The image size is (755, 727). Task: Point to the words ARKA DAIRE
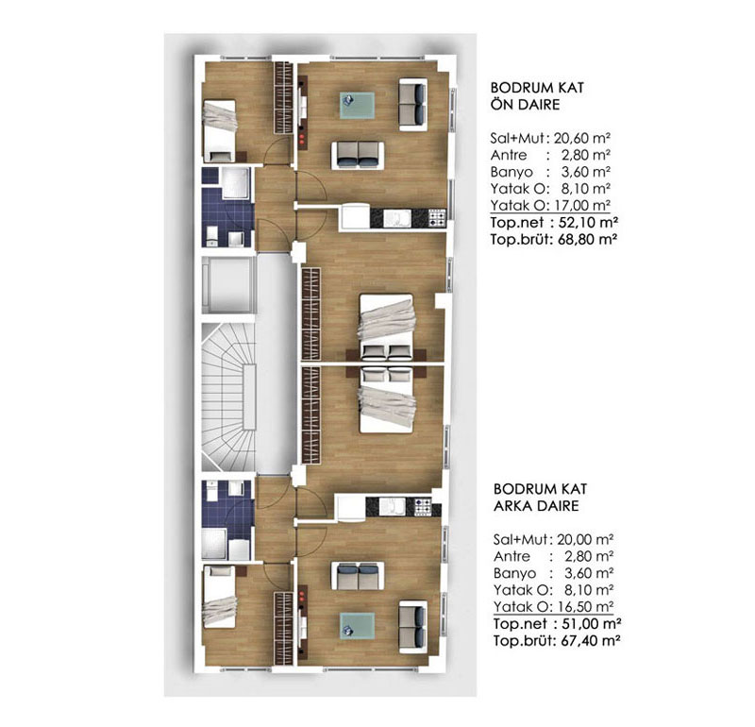point(533,506)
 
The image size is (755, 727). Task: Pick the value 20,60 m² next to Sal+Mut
point(582,137)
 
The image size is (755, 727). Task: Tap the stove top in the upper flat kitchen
point(437,218)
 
